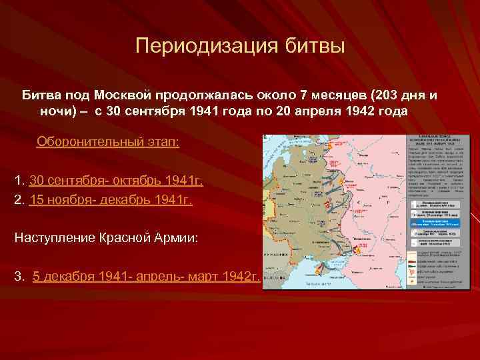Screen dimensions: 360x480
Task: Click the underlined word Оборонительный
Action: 83,142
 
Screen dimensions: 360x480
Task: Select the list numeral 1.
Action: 19,181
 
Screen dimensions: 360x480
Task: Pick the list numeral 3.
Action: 19,277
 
